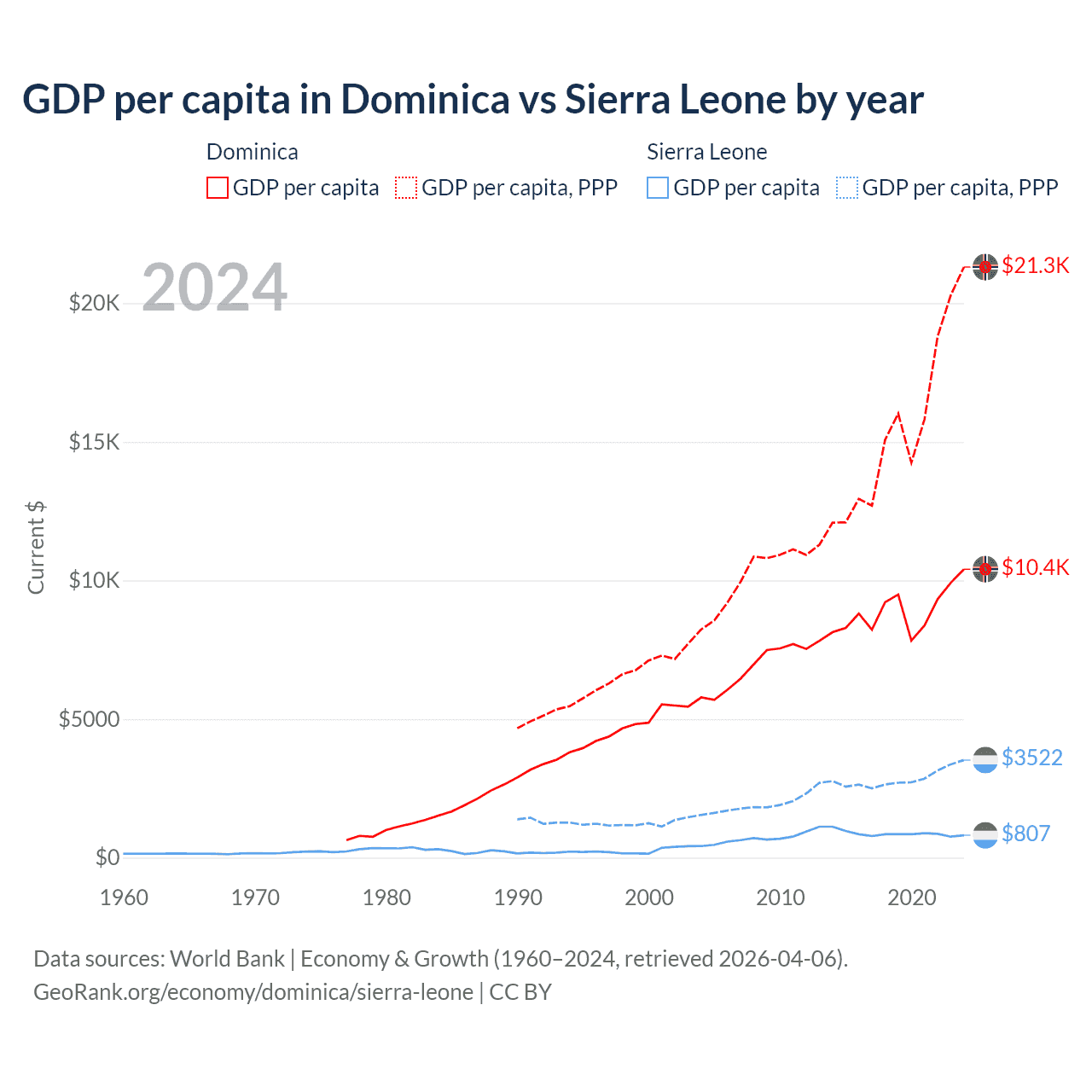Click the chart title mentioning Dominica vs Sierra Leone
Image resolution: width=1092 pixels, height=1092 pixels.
tap(473, 100)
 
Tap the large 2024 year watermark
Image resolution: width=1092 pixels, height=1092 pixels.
tap(214, 288)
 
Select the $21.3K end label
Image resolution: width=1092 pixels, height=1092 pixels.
tap(1035, 265)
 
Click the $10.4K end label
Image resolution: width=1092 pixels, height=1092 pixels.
tap(1035, 567)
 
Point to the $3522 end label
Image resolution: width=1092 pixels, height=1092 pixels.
tap(1031, 758)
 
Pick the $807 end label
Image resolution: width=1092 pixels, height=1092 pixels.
tap(1025, 834)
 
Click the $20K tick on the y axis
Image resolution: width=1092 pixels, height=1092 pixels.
tap(94, 303)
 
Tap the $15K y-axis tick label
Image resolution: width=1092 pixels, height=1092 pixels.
tap(94, 442)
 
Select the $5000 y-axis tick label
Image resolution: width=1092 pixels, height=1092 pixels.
tap(89, 719)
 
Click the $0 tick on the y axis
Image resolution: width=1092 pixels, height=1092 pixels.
tap(107, 857)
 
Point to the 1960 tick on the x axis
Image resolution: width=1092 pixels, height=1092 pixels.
tap(124, 897)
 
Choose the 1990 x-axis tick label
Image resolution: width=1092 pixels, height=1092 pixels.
tap(518, 897)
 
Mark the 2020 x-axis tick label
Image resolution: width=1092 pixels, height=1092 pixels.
tap(911, 897)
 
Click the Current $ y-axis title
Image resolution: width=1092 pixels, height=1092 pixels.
tap(36, 548)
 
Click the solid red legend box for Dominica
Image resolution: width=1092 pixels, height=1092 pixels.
tap(218, 188)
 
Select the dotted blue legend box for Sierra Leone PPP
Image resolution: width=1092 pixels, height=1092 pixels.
tap(847, 188)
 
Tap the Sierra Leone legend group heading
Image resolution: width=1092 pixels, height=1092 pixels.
tap(706, 152)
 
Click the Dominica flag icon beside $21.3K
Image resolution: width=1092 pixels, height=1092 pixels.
tap(985, 267)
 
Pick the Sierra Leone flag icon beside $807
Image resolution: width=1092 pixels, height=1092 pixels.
tap(985, 834)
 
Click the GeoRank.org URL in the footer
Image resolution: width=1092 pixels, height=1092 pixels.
tap(253, 992)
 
